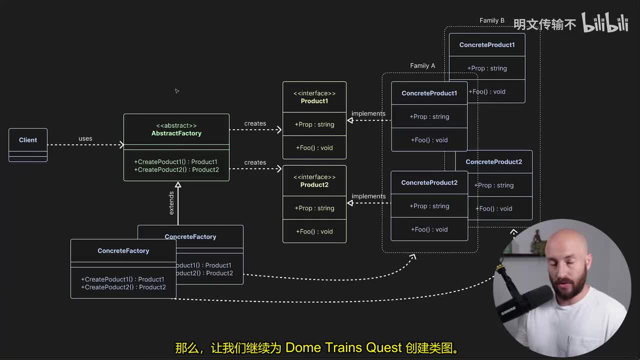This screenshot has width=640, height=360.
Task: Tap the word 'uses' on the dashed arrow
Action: pyautogui.click(x=85, y=138)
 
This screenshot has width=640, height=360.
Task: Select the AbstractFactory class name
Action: pyautogui.click(x=176, y=133)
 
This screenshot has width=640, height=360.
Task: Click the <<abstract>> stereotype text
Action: pyautogui.click(x=176, y=125)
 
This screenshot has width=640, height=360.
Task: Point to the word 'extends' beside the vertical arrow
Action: pyautogui.click(x=171, y=203)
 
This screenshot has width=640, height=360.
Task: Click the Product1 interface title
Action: pyautogui.click(x=314, y=101)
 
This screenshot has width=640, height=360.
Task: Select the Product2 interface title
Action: pyautogui.click(x=314, y=185)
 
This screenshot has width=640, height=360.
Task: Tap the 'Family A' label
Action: pyautogui.click(x=422, y=65)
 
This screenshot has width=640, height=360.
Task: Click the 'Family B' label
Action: pyautogui.click(x=492, y=20)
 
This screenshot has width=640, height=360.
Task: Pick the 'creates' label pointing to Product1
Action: pyautogui.click(x=255, y=123)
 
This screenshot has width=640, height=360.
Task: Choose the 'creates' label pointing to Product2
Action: pyautogui.click(x=255, y=162)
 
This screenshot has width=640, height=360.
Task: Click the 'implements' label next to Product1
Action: pyautogui.click(x=368, y=113)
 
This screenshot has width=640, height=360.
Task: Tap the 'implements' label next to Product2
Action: pyautogui.click(x=368, y=196)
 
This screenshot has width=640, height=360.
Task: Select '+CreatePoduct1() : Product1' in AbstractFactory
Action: pyautogui.click(x=175, y=162)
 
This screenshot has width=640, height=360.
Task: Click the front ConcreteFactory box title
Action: pyautogui.click(x=123, y=251)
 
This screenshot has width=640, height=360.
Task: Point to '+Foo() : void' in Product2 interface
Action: pyautogui.click(x=314, y=231)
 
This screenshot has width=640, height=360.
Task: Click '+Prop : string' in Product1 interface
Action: pyautogui.click(x=314, y=124)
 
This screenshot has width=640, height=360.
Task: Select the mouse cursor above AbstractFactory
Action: pyautogui.click(x=176, y=91)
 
